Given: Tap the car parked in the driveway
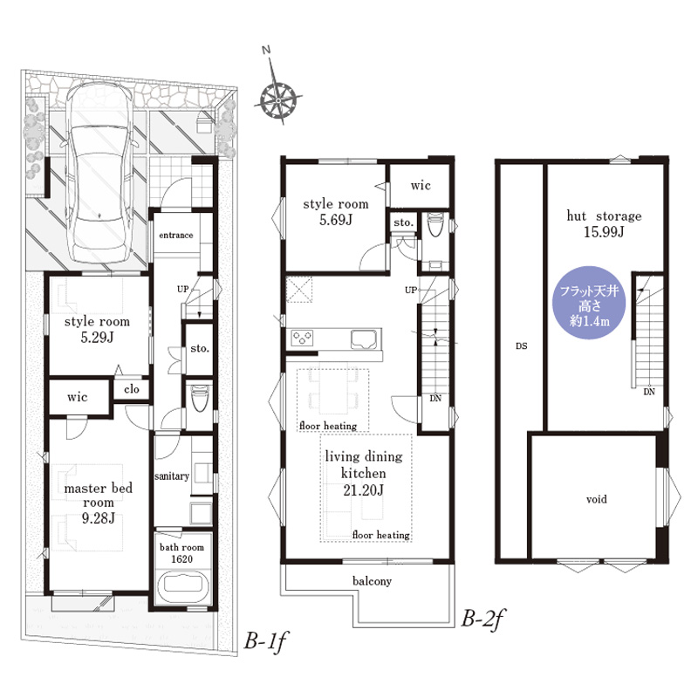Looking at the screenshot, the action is tap(99, 174).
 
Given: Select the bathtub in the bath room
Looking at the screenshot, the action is tap(183, 587).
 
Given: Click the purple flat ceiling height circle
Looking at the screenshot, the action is tap(589, 303).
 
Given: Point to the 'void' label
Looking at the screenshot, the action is tap(597, 499).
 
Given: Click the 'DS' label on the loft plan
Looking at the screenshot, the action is tap(521, 346).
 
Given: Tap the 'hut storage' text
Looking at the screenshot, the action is tap(604, 216).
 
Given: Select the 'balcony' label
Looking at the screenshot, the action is tap(372, 581).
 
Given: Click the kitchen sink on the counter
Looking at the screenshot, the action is tap(365, 339).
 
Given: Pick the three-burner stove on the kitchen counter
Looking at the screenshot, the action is tap(302, 338).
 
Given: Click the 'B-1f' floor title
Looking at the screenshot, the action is tap(265, 641).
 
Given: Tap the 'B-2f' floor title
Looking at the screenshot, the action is tap(482, 618).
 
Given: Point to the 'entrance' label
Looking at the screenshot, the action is tap(176, 235).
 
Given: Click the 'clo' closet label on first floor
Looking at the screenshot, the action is tap(132, 389).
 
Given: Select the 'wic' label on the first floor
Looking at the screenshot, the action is tap(77, 397).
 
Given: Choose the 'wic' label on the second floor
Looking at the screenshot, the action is tap(421, 185).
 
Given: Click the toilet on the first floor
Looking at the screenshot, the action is tap(199, 398).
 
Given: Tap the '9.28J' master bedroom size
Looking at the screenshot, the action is tap(99, 518).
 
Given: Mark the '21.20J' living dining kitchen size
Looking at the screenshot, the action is tap(363, 490).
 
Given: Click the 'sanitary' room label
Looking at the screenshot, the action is tap(172, 476).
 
